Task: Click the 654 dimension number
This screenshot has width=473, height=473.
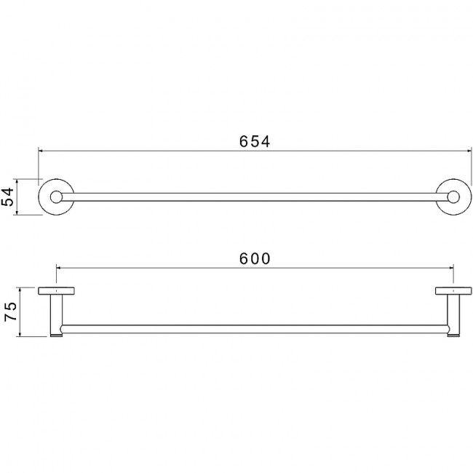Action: click(x=255, y=141)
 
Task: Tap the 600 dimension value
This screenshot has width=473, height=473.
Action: click(x=255, y=258)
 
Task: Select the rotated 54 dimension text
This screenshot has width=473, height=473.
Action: click(x=7, y=196)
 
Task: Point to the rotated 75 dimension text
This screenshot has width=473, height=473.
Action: click(x=10, y=311)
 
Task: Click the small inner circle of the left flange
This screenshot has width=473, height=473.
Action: click(x=57, y=197)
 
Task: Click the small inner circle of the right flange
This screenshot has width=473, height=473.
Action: click(x=453, y=197)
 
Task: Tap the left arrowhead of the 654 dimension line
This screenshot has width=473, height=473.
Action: click(x=41, y=151)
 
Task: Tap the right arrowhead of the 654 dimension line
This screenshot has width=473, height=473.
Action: click(x=469, y=151)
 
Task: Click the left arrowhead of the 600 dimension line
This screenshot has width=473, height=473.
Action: click(x=59, y=268)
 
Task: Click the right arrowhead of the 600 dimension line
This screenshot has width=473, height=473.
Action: click(x=451, y=268)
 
